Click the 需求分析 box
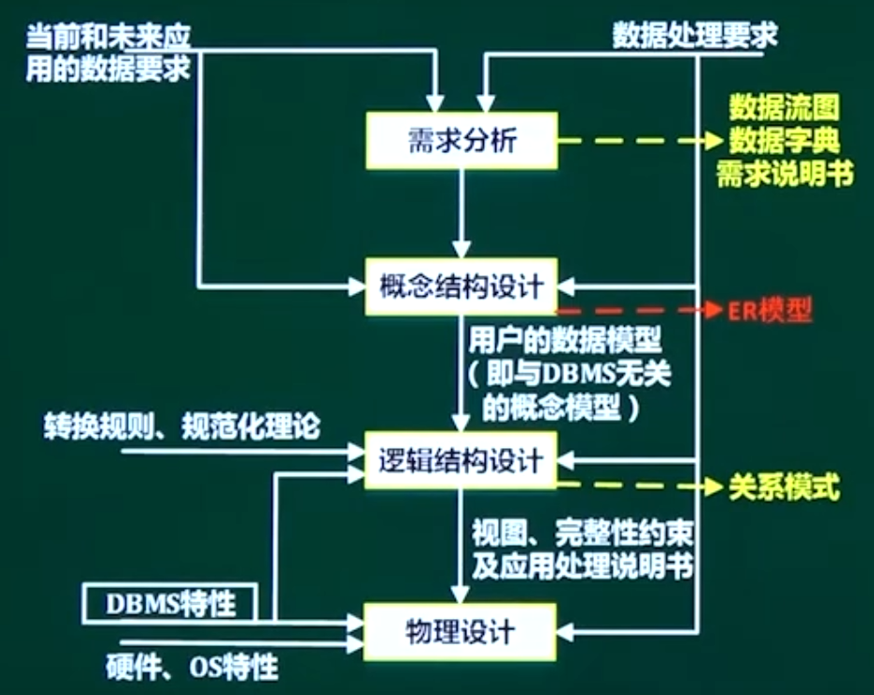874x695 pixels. coord(461,140)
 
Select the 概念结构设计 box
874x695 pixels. coord(461,286)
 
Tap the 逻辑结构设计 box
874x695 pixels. coord(461,461)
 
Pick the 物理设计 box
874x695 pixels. coord(461,629)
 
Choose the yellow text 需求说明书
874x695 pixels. coord(785,175)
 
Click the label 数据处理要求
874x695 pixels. coord(695,36)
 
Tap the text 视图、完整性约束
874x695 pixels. coord(583,535)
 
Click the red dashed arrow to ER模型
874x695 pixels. coord(639,310)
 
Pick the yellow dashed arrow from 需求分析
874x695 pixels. coord(639,142)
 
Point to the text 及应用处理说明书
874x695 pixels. coord(583,567)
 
